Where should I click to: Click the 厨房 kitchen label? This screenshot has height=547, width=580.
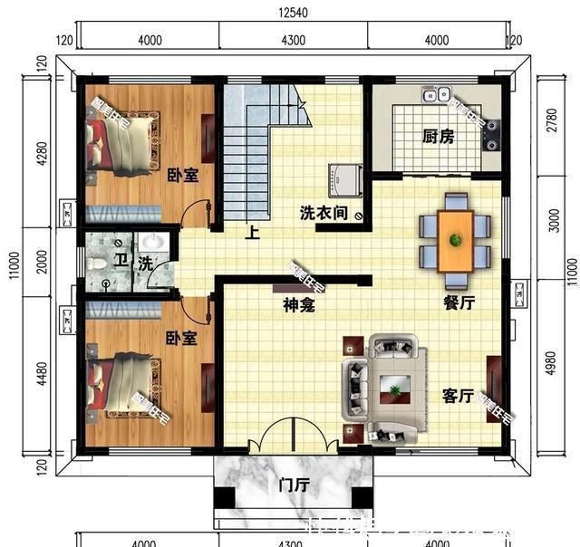(438, 137)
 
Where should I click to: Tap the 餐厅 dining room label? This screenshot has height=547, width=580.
(459, 303)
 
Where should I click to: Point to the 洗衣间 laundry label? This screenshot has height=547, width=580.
(324, 214)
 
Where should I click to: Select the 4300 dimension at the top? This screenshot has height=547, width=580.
(293, 40)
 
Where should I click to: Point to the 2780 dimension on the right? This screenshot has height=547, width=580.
(554, 122)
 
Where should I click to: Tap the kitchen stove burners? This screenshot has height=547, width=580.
(492, 134)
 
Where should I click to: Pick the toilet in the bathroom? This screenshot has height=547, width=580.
(101, 264)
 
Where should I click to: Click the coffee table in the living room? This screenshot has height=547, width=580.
(396, 390)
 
